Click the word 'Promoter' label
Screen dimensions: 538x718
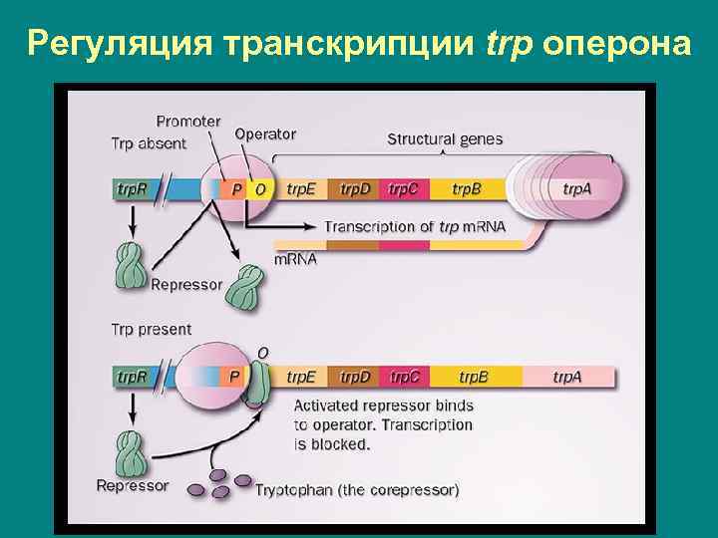point(188,121)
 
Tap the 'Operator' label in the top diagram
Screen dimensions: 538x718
point(265,134)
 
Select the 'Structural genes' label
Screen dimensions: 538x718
point(445,139)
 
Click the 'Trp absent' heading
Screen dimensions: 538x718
point(149,143)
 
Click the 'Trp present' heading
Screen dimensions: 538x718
point(151,329)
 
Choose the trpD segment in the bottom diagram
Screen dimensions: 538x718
point(355,377)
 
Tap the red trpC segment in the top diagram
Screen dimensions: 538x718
point(404,188)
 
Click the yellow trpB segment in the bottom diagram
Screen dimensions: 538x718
point(473,377)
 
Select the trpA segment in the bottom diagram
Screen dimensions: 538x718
point(567,377)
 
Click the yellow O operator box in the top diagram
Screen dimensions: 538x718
point(261,188)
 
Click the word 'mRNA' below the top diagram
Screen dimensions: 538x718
point(295,260)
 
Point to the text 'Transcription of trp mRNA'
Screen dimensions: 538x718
point(415,226)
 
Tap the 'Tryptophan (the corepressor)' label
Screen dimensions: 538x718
point(357,490)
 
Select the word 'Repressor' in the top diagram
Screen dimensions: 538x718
point(186,285)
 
